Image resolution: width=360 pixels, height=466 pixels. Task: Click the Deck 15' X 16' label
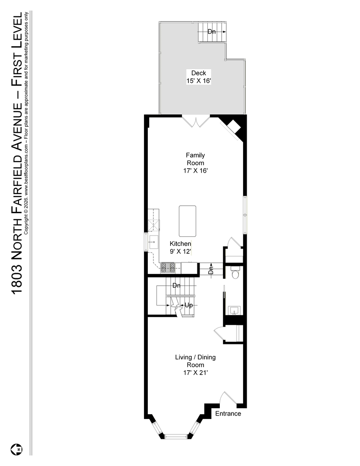click(x=198, y=77)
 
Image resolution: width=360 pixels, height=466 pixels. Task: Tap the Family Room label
click(x=195, y=159)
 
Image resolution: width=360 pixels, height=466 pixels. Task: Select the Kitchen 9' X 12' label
click(x=180, y=248)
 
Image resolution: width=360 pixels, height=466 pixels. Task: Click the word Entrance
click(x=228, y=413)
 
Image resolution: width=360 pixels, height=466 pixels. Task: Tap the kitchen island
click(x=188, y=221)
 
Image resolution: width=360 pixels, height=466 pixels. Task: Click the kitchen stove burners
click(x=168, y=268)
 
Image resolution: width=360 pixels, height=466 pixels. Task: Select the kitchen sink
click(x=154, y=242)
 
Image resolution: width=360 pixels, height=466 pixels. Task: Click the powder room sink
click(x=235, y=310)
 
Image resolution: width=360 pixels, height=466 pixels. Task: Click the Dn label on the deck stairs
click(x=212, y=31)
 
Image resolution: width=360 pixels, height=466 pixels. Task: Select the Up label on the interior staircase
click(x=189, y=305)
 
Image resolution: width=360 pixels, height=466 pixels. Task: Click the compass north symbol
click(x=17, y=449)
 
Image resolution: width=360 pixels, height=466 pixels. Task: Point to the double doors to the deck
click(x=196, y=121)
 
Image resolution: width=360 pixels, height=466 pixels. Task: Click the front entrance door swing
click(x=228, y=399)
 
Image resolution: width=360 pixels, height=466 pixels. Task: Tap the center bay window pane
click(x=176, y=436)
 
